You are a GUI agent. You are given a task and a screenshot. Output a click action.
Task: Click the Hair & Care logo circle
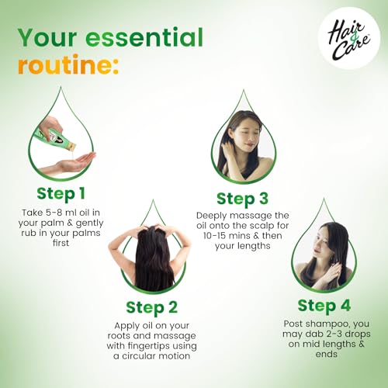pos(348,38)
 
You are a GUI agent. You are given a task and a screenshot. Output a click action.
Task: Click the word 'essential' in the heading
pos(144,37)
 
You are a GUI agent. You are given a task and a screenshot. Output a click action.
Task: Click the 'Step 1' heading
pos(61,193)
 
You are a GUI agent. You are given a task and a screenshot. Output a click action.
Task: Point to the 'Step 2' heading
pos(152,307)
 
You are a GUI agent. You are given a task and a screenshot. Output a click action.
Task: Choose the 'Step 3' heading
pos(243,199)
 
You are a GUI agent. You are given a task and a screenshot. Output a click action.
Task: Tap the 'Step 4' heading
pos(324,306)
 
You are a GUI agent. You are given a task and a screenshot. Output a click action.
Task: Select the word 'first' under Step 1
pos(61,243)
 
